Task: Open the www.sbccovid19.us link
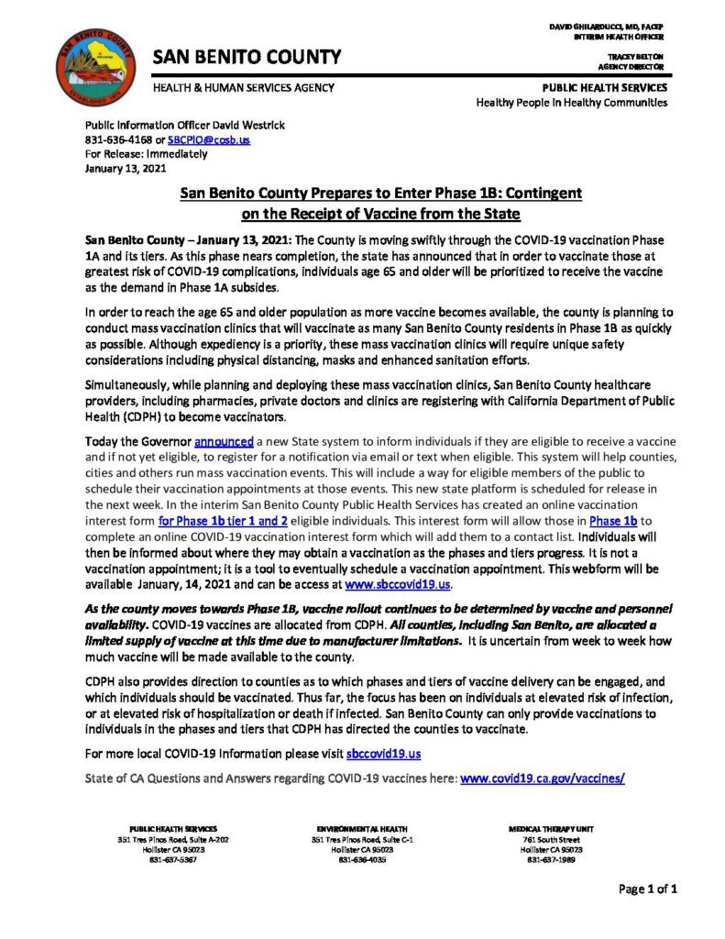[x=409, y=584]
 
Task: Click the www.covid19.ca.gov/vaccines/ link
[x=543, y=778]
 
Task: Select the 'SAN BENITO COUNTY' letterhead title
[x=247, y=57]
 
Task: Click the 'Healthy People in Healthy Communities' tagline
[x=571, y=102]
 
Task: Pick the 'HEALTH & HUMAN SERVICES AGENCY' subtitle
[x=243, y=88]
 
